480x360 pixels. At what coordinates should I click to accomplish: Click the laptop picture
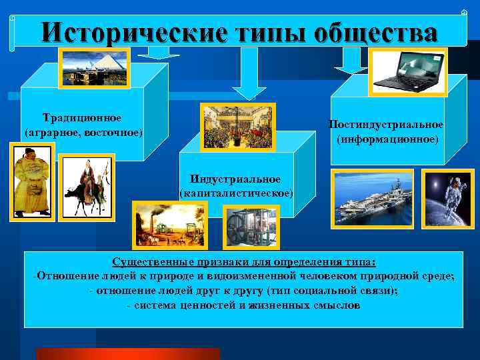[x=407, y=71]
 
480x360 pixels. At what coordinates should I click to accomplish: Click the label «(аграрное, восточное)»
[x=83, y=132]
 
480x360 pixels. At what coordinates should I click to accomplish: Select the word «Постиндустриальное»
[x=386, y=125]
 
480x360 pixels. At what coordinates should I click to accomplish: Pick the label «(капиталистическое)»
[x=236, y=193]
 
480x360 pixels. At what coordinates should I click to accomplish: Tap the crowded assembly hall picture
[x=237, y=126]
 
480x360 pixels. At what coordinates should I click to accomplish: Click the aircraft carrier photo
[x=373, y=199]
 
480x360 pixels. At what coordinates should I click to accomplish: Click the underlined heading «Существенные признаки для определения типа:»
[x=243, y=263]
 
